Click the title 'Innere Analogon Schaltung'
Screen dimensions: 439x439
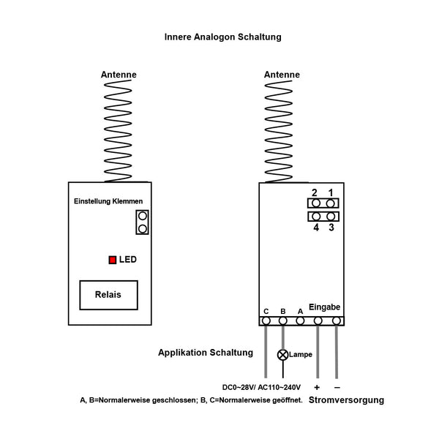click(222, 36)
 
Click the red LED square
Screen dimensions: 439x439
click(113, 259)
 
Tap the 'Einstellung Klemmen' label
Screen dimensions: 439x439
click(109, 200)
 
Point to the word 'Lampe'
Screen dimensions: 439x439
click(301, 355)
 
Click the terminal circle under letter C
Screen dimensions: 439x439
click(266, 320)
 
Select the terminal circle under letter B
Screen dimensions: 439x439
click(282, 320)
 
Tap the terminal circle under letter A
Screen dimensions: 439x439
click(300, 320)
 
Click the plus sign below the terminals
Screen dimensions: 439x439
click(318, 386)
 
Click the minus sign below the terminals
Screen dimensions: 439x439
click(337, 386)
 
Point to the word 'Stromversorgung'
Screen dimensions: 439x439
click(346, 400)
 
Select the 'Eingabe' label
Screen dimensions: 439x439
click(324, 307)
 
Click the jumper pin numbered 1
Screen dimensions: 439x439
click(331, 203)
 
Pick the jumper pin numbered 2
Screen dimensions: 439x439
click(315, 203)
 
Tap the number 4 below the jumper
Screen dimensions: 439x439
click(315, 228)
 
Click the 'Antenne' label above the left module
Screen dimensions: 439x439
click(119, 75)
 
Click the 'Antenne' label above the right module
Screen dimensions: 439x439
click(282, 75)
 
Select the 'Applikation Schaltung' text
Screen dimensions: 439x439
click(206, 353)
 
